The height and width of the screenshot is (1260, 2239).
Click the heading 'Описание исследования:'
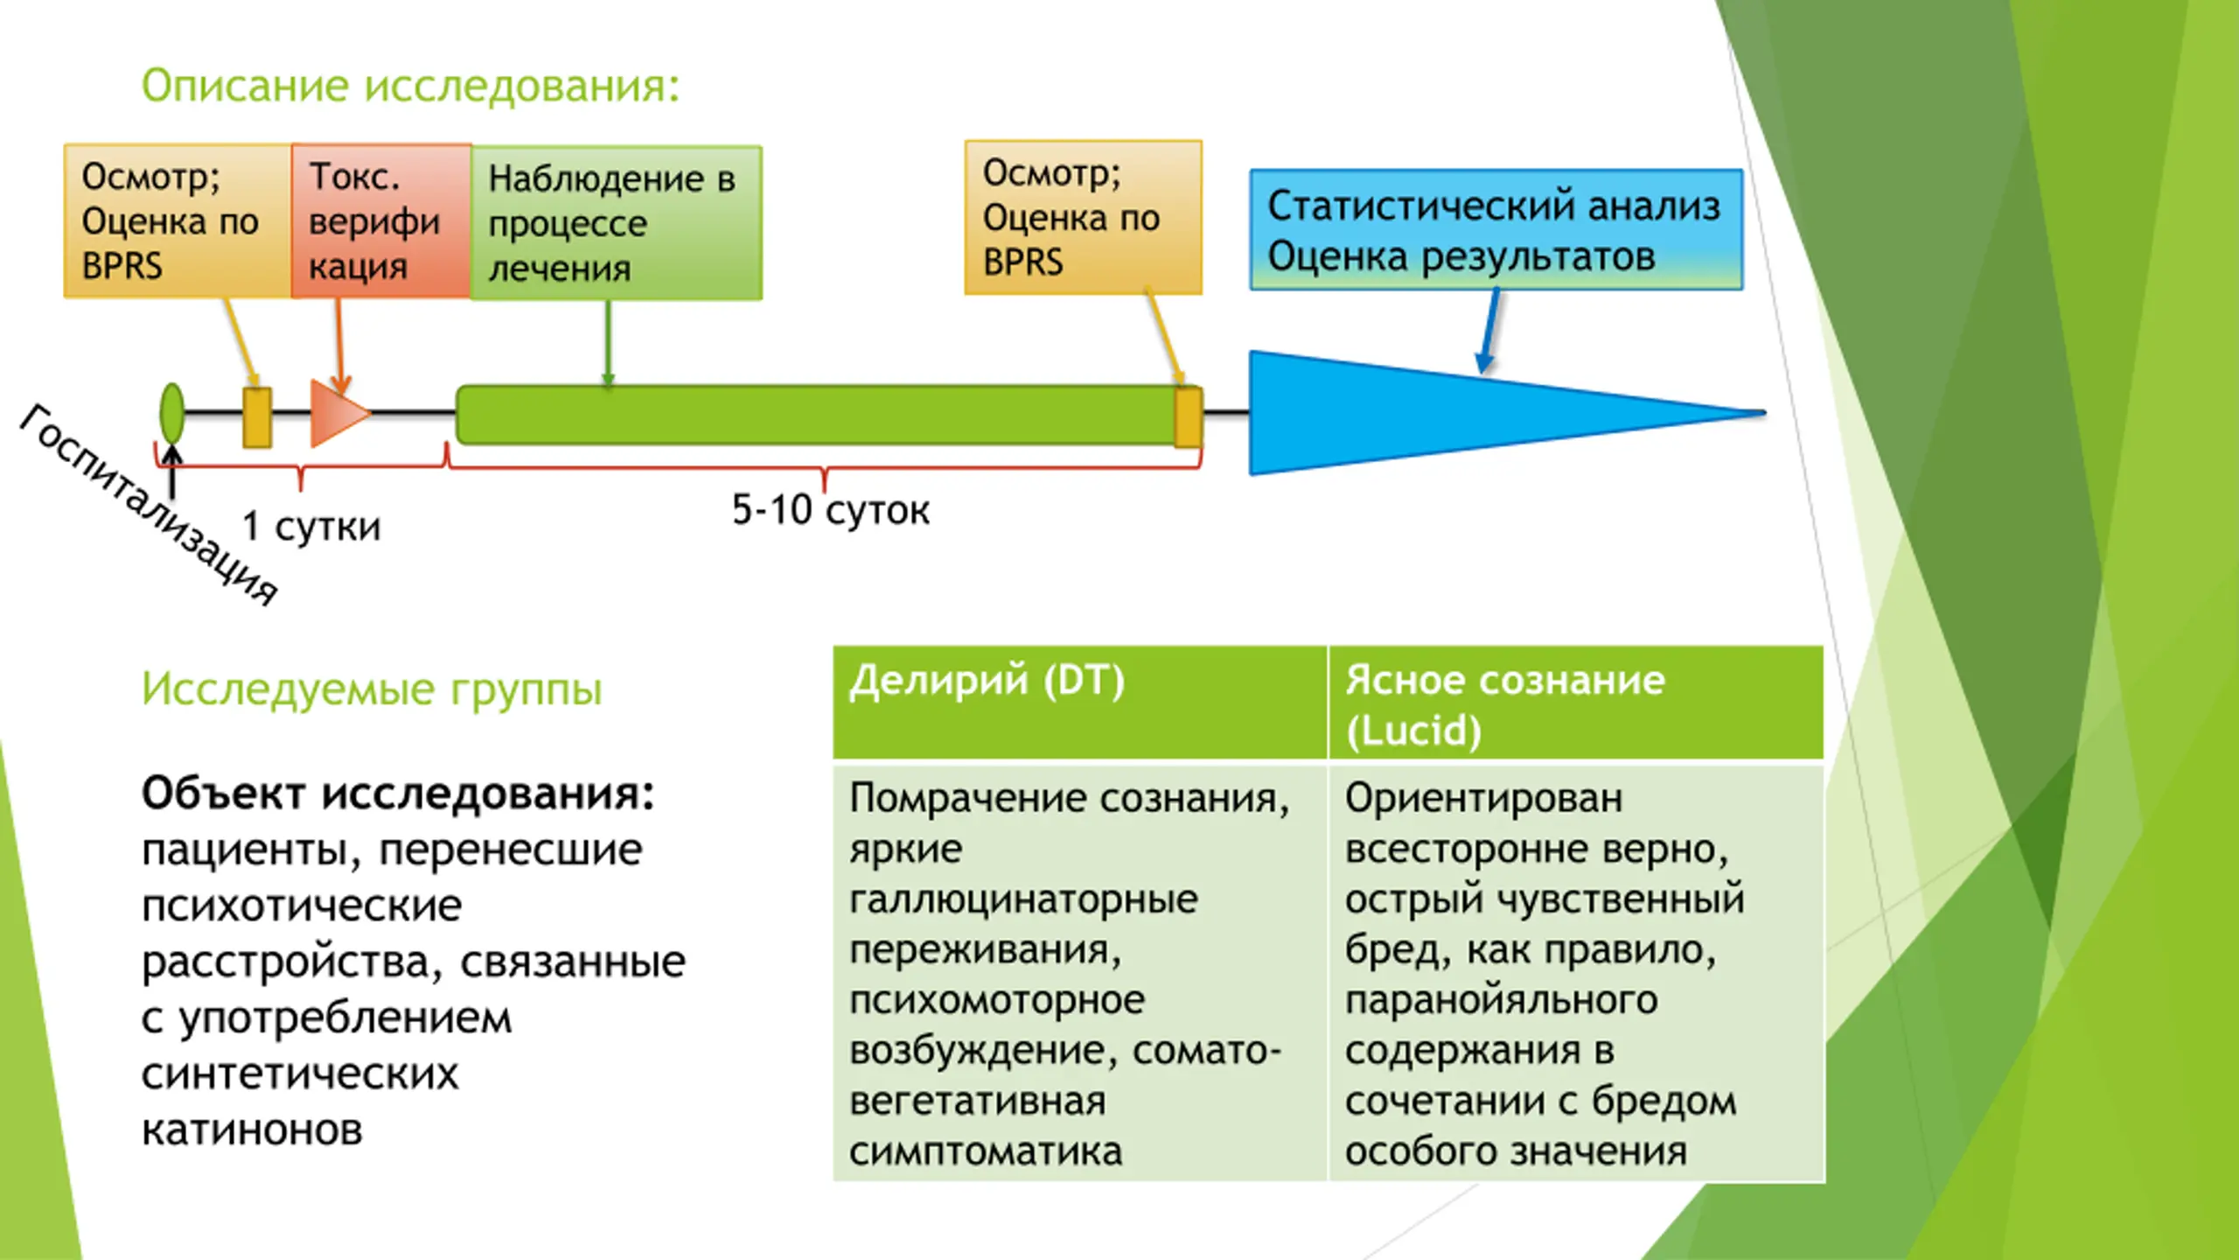[410, 86]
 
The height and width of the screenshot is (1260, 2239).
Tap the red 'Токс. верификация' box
[380, 221]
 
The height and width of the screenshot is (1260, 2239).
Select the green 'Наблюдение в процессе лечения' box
[616, 223]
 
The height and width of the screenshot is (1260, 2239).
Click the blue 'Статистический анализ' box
[1495, 229]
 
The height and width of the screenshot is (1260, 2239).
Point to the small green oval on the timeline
[172, 413]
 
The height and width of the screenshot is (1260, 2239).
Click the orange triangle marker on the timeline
[336, 413]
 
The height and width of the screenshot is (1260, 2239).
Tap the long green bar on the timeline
[813, 415]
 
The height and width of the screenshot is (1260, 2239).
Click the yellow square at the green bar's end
[1188, 418]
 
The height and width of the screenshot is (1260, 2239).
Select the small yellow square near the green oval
[257, 417]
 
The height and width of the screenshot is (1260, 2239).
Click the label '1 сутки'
[311, 527]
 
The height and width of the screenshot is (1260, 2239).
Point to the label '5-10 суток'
[830, 510]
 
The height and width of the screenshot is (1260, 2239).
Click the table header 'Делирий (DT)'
[987, 681]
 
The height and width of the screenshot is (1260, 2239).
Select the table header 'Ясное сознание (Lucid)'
[1504, 704]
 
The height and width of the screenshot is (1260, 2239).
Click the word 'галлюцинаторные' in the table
[1023, 899]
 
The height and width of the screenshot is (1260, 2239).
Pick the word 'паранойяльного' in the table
[1501, 1000]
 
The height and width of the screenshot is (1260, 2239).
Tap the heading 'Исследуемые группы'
[372, 689]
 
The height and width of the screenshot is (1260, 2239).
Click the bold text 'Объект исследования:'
[398, 794]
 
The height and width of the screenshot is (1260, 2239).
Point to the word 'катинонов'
[252, 1130]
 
